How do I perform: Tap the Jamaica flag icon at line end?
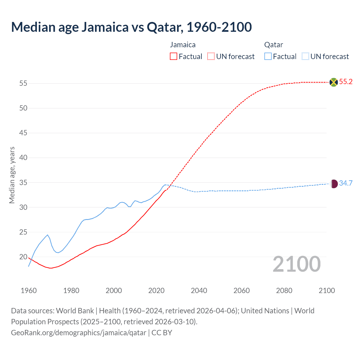(334, 82)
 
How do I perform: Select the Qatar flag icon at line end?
(334, 184)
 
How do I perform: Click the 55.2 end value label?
(346, 82)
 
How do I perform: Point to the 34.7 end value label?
(346, 183)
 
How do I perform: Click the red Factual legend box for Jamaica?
(174, 57)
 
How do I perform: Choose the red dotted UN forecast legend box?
(211, 57)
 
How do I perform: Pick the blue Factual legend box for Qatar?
(268, 57)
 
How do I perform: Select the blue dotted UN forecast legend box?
(305, 57)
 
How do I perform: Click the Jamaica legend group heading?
(183, 45)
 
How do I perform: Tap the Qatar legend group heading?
(273, 45)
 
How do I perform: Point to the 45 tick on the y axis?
(23, 133)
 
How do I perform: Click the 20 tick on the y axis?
(23, 257)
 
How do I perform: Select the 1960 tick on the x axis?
(29, 291)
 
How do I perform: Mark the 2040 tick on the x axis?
(199, 291)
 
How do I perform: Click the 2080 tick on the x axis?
(284, 291)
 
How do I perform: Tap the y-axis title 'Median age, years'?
(12, 175)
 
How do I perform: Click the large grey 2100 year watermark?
(296, 264)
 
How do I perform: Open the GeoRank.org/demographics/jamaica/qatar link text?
(78, 333)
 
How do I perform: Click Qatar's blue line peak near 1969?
(48, 235)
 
